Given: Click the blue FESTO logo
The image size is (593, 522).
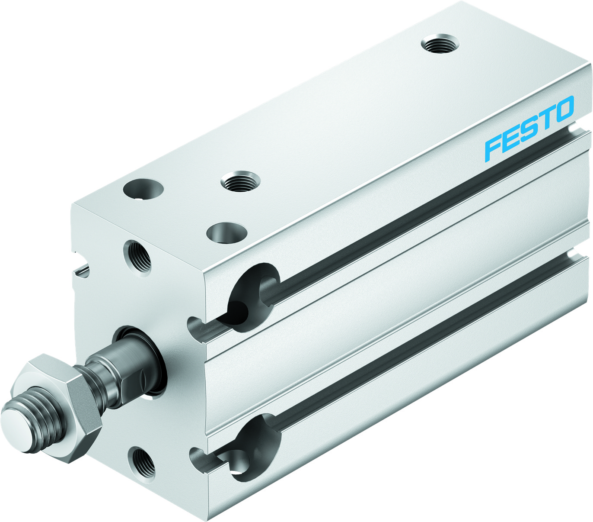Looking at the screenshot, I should pos(529,129).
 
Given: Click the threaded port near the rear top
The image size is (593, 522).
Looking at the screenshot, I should pos(440,44).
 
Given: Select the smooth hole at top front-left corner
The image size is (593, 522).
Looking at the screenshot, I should pos(143,189).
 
